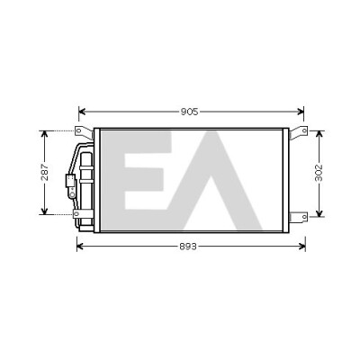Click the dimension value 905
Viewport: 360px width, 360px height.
tap(190, 112)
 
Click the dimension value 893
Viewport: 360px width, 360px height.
tap(188, 247)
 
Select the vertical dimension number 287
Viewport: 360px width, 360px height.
tap(45, 172)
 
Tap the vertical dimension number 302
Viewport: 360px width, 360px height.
tap(319, 173)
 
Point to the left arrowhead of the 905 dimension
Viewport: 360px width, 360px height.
tap(82, 112)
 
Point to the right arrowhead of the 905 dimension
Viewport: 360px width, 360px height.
tap(301, 112)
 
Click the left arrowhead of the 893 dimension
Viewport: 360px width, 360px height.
tap(80, 247)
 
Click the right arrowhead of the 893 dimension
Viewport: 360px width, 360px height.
tap(301, 247)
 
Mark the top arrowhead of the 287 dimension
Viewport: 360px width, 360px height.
tap(44, 134)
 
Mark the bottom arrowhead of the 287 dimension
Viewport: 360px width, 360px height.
tap(44, 211)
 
